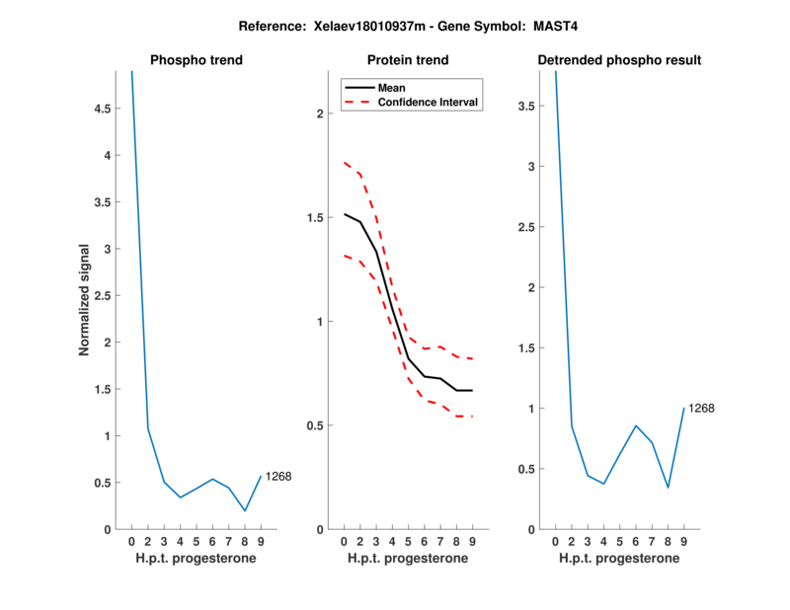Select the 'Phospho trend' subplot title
click(197, 60)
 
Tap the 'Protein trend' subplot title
click(408, 60)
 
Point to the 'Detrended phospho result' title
click(619, 60)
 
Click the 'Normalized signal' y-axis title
click(85, 300)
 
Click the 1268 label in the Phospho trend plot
click(279, 477)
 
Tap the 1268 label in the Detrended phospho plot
click(701, 408)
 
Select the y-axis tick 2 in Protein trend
click(318, 114)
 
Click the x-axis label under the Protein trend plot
click(408, 559)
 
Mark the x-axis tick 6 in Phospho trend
click(212, 542)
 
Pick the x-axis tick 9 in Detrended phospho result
click(683, 542)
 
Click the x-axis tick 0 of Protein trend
click(344, 542)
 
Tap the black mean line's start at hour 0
click(344, 214)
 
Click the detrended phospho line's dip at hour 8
click(668, 488)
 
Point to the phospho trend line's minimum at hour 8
click(245, 510)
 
